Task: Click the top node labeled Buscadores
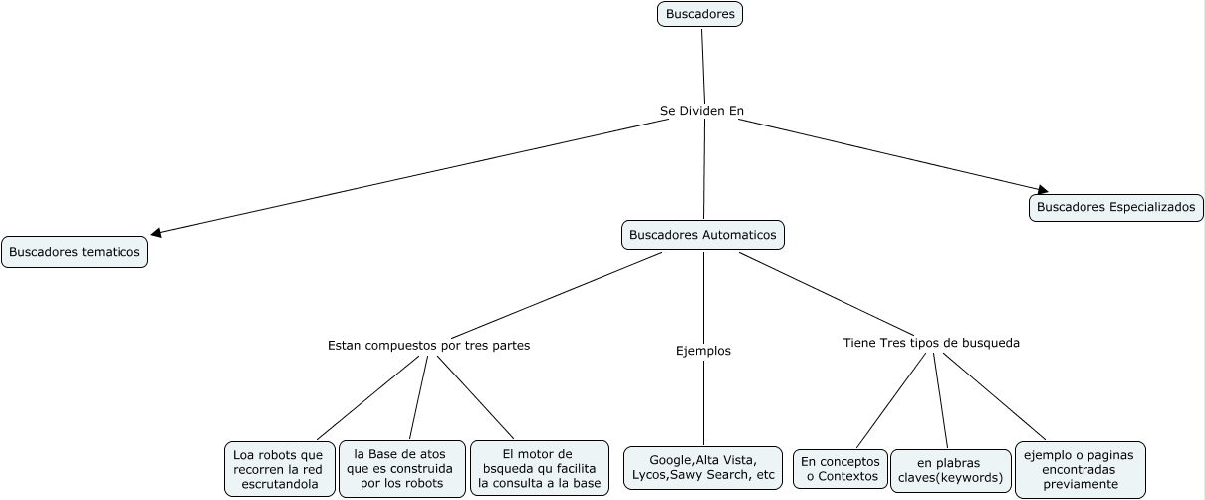[700, 14]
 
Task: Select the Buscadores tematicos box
[75, 252]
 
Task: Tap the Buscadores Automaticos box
[703, 235]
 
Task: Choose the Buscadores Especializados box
[1115, 207]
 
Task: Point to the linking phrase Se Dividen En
[702, 110]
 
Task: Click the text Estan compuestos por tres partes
[428, 346]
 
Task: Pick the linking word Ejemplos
[703, 351]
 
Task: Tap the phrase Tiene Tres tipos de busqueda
[931, 343]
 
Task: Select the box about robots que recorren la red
[278, 469]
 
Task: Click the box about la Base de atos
[401, 469]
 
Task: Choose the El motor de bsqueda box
[539, 468]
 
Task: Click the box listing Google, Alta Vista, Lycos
[703, 468]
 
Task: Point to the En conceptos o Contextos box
[840, 469]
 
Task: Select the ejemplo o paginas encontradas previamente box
[1080, 469]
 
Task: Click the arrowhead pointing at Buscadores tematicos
[156, 233]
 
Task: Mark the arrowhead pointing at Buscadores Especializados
[1041, 189]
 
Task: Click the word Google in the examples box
[670, 460]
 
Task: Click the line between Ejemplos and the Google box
[703, 403]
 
